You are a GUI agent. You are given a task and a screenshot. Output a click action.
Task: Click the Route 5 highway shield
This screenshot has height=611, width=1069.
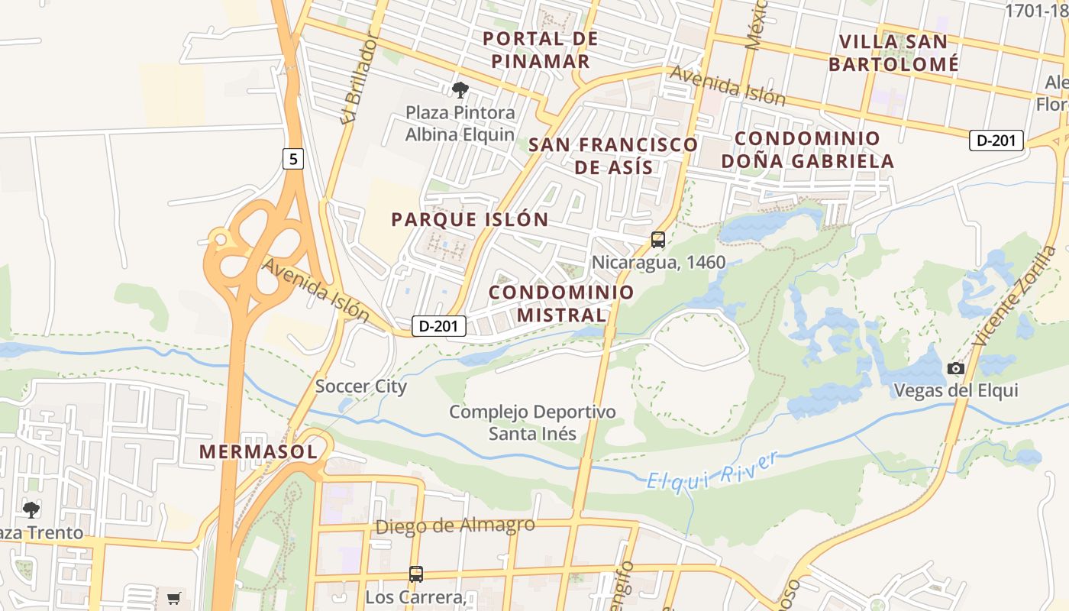click(x=293, y=159)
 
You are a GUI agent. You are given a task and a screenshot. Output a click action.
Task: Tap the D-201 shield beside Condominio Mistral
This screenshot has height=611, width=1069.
click(x=439, y=326)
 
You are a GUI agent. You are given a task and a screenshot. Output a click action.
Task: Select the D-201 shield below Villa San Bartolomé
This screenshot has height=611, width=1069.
click(x=996, y=141)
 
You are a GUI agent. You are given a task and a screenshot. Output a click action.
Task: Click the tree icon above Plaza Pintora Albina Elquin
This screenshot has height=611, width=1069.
click(x=460, y=90)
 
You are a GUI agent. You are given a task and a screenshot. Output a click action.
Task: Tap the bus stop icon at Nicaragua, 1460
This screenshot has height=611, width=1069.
click(x=658, y=240)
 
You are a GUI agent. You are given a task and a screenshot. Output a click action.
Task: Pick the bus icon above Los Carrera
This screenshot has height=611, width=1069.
click(x=415, y=574)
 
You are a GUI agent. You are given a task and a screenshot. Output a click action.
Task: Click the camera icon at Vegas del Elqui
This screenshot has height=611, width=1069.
click(x=955, y=369)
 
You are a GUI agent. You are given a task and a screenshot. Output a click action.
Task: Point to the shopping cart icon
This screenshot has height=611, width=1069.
click(x=173, y=598)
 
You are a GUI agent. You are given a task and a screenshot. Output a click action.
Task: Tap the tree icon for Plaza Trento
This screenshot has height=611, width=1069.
click(x=31, y=509)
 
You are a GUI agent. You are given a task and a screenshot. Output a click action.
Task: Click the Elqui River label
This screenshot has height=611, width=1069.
click(x=712, y=470)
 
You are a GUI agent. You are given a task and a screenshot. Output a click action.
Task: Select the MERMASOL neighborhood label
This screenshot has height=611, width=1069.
click(x=258, y=451)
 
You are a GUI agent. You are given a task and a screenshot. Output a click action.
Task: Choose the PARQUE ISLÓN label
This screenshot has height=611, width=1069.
click(x=470, y=220)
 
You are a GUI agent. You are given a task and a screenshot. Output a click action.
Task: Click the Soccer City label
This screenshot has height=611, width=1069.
click(x=361, y=386)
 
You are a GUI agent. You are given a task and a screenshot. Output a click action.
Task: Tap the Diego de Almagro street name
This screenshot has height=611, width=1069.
click(x=455, y=526)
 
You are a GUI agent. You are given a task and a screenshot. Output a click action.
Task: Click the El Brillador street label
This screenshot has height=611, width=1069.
click(x=360, y=77)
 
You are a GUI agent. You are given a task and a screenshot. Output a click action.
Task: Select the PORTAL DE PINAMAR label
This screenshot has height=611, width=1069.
click(x=541, y=50)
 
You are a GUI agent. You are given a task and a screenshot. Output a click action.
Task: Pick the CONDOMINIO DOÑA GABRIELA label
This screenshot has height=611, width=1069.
click(x=808, y=150)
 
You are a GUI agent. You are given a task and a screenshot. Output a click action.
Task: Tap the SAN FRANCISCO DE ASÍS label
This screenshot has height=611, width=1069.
click(x=613, y=156)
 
